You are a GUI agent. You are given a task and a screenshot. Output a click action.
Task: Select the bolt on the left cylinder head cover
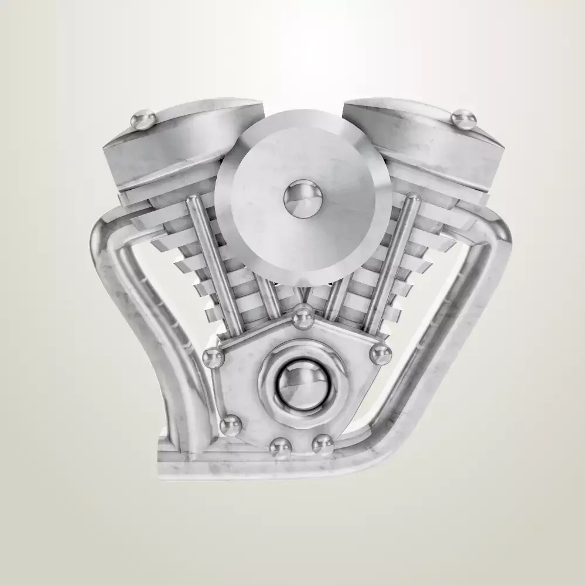(x=143, y=121)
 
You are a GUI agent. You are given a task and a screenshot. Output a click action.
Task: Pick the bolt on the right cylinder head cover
(x=464, y=119)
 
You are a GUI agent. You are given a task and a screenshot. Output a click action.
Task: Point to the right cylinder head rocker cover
(x=427, y=141)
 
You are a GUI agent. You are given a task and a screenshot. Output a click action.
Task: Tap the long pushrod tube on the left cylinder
(x=214, y=264)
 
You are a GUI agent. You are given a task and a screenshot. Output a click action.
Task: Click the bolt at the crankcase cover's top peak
(x=302, y=317)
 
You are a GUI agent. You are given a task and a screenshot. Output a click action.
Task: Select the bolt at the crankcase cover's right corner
(x=381, y=353)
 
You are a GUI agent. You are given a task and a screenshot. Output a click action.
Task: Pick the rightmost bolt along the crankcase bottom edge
(x=323, y=444)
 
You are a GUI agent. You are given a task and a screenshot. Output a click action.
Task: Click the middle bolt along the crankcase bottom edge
(x=280, y=448)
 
